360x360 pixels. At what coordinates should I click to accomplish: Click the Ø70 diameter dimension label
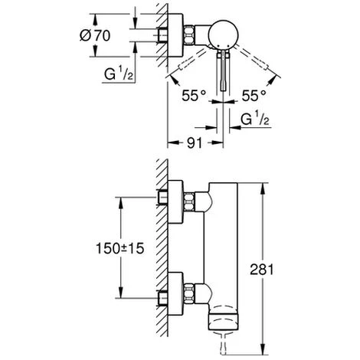[95, 35]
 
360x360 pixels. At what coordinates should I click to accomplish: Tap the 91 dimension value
[195, 143]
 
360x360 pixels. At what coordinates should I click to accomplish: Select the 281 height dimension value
[262, 270]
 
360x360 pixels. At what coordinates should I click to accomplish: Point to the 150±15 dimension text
[119, 248]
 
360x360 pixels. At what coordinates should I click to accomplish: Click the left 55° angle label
[194, 96]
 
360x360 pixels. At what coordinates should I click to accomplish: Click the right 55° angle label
[254, 96]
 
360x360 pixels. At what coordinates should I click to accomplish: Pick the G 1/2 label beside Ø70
[119, 74]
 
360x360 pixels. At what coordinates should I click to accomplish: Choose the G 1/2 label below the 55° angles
[255, 118]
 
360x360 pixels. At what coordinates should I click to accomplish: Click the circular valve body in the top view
[224, 34]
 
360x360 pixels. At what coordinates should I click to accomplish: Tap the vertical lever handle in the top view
[224, 70]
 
